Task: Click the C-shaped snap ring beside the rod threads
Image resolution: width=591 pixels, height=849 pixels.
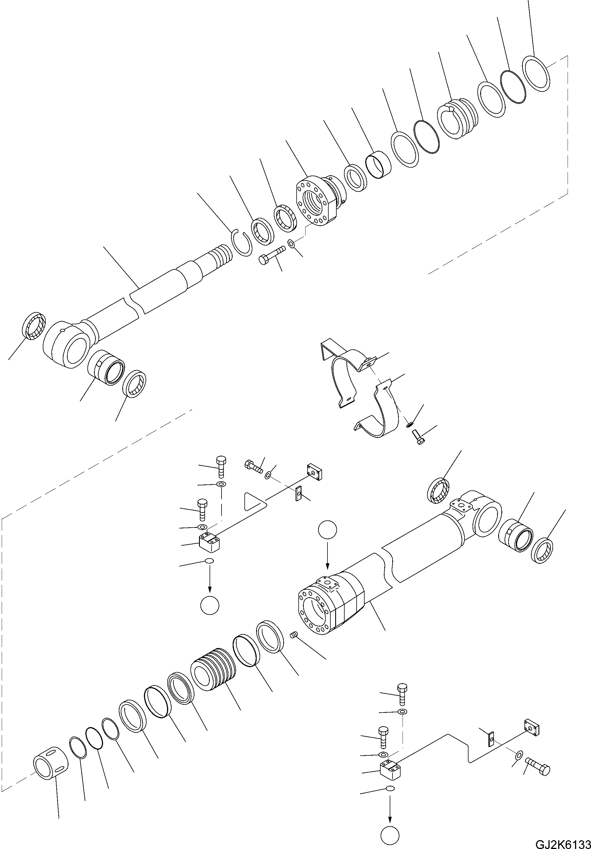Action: (242, 243)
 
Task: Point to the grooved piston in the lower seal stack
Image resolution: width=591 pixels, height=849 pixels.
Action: (213, 670)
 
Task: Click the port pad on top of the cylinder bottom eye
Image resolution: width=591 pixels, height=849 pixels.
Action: (461, 506)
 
